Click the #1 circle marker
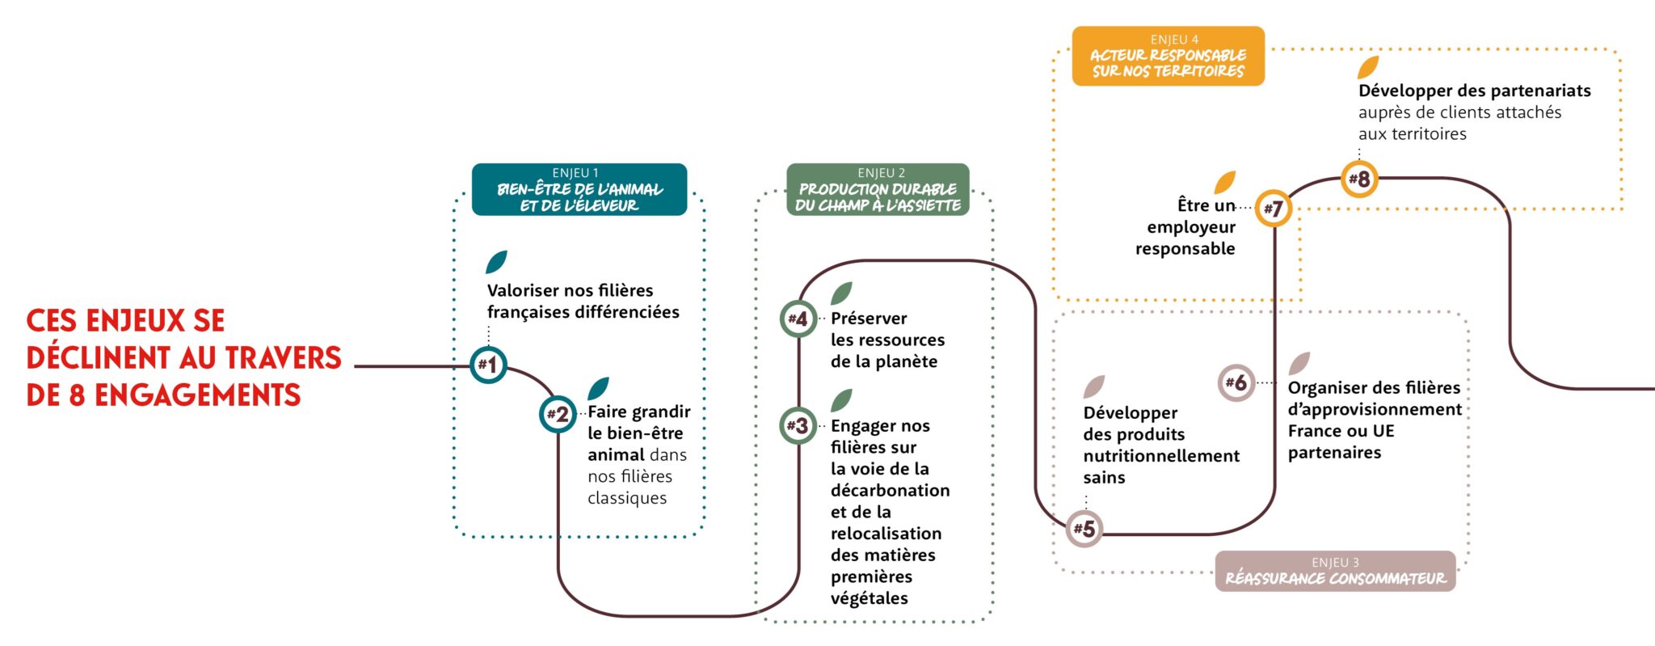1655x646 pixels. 488,365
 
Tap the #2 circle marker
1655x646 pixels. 558,415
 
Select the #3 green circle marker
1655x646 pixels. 798,425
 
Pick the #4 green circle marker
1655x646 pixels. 798,319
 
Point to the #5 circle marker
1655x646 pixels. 1084,530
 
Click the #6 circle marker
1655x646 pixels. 1236,382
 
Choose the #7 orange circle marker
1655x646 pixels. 1274,209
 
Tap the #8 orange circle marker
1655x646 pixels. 1359,179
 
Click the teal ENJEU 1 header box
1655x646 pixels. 579,190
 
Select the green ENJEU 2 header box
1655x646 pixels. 878,190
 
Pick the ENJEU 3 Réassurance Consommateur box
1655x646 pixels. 1335,571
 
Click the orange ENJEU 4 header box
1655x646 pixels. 1168,56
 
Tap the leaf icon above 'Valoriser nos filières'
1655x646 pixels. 496,262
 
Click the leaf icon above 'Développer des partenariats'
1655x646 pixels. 1368,67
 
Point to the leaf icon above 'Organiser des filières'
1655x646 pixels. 1299,363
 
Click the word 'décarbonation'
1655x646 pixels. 890,491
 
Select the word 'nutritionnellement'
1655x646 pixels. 1161,456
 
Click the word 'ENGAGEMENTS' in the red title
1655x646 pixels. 197,395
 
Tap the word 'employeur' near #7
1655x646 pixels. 1190,227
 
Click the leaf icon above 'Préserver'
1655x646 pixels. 841,293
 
